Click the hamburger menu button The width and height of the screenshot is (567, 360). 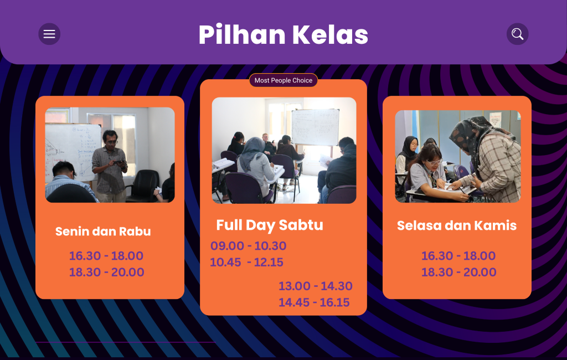coord(49,34)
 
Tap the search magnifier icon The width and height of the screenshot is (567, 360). coord(518,34)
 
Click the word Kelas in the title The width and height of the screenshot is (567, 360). coord(330,35)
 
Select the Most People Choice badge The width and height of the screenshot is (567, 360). coord(283,80)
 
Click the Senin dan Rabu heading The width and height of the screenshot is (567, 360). coord(103,231)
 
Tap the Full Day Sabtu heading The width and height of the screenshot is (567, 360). coord(270,225)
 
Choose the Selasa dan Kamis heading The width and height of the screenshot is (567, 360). coord(457,225)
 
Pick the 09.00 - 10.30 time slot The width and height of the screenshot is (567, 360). coord(249,246)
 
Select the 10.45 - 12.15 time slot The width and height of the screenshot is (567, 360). coord(246,262)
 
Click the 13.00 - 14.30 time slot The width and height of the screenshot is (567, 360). coord(315,286)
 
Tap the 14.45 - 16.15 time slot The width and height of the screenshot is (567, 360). coord(314,302)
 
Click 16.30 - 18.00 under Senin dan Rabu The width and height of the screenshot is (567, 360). coord(106,255)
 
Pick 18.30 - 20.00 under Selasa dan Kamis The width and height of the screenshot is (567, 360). coord(458,272)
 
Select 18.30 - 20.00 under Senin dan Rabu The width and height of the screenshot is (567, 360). coord(107,272)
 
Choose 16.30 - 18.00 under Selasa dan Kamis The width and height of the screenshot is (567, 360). coord(458,255)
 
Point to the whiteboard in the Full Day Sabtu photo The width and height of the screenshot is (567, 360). coord(315,127)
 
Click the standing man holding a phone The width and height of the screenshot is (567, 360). coord(110,166)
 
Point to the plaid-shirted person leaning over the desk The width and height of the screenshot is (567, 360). coord(486,159)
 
